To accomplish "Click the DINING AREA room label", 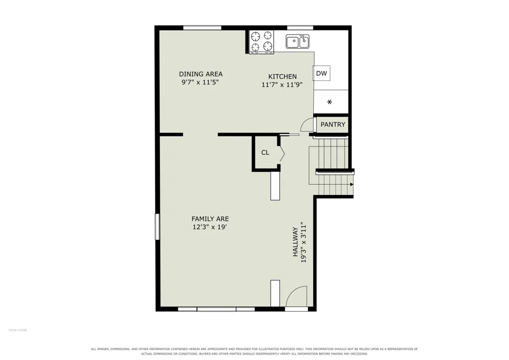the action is point(201,74).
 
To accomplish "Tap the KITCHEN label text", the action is point(282,76).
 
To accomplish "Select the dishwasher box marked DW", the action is point(321,73).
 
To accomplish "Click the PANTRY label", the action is point(333,124).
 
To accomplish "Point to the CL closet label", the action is point(265,152).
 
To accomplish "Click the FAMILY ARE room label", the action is point(210,219).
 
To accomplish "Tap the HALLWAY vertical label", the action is point(295,242).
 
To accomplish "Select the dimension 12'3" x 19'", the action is point(209,227).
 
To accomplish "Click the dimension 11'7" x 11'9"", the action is point(282,85).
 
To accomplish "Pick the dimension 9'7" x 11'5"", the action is point(200,82).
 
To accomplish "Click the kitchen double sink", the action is point(297,42).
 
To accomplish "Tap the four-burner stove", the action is point(261,42).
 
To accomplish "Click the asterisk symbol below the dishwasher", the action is point(329,102).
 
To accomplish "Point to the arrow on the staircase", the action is point(352,184).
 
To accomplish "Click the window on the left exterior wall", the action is point(157,227).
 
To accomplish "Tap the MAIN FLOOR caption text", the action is point(18,330).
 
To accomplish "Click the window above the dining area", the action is point(202,27).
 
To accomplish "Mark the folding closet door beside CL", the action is point(282,153).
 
